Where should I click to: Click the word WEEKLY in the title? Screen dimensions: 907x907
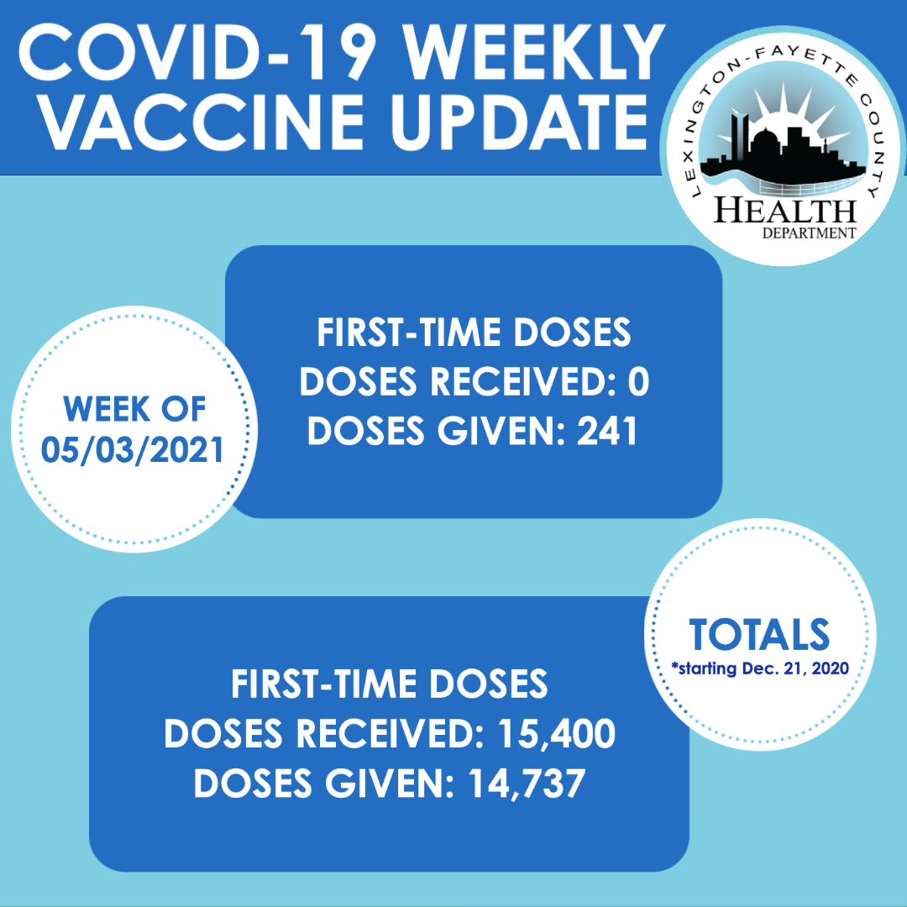click(x=534, y=53)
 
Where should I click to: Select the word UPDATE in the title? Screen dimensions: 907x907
click(x=520, y=123)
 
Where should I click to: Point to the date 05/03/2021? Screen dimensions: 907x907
click(x=133, y=450)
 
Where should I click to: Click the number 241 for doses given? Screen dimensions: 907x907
click(x=607, y=431)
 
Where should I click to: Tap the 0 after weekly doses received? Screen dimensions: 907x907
click(x=638, y=382)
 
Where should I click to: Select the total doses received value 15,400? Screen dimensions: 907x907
click(x=556, y=735)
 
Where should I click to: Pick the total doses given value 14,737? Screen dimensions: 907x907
click(x=527, y=784)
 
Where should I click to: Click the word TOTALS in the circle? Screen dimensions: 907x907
click(x=759, y=635)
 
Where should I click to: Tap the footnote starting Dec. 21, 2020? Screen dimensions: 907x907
click(x=760, y=668)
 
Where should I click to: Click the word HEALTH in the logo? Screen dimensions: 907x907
click(x=785, y=210)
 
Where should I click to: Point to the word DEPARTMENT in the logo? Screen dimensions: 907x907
click(x=809, y=233)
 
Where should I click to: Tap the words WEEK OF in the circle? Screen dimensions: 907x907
click(x=134, y=410)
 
